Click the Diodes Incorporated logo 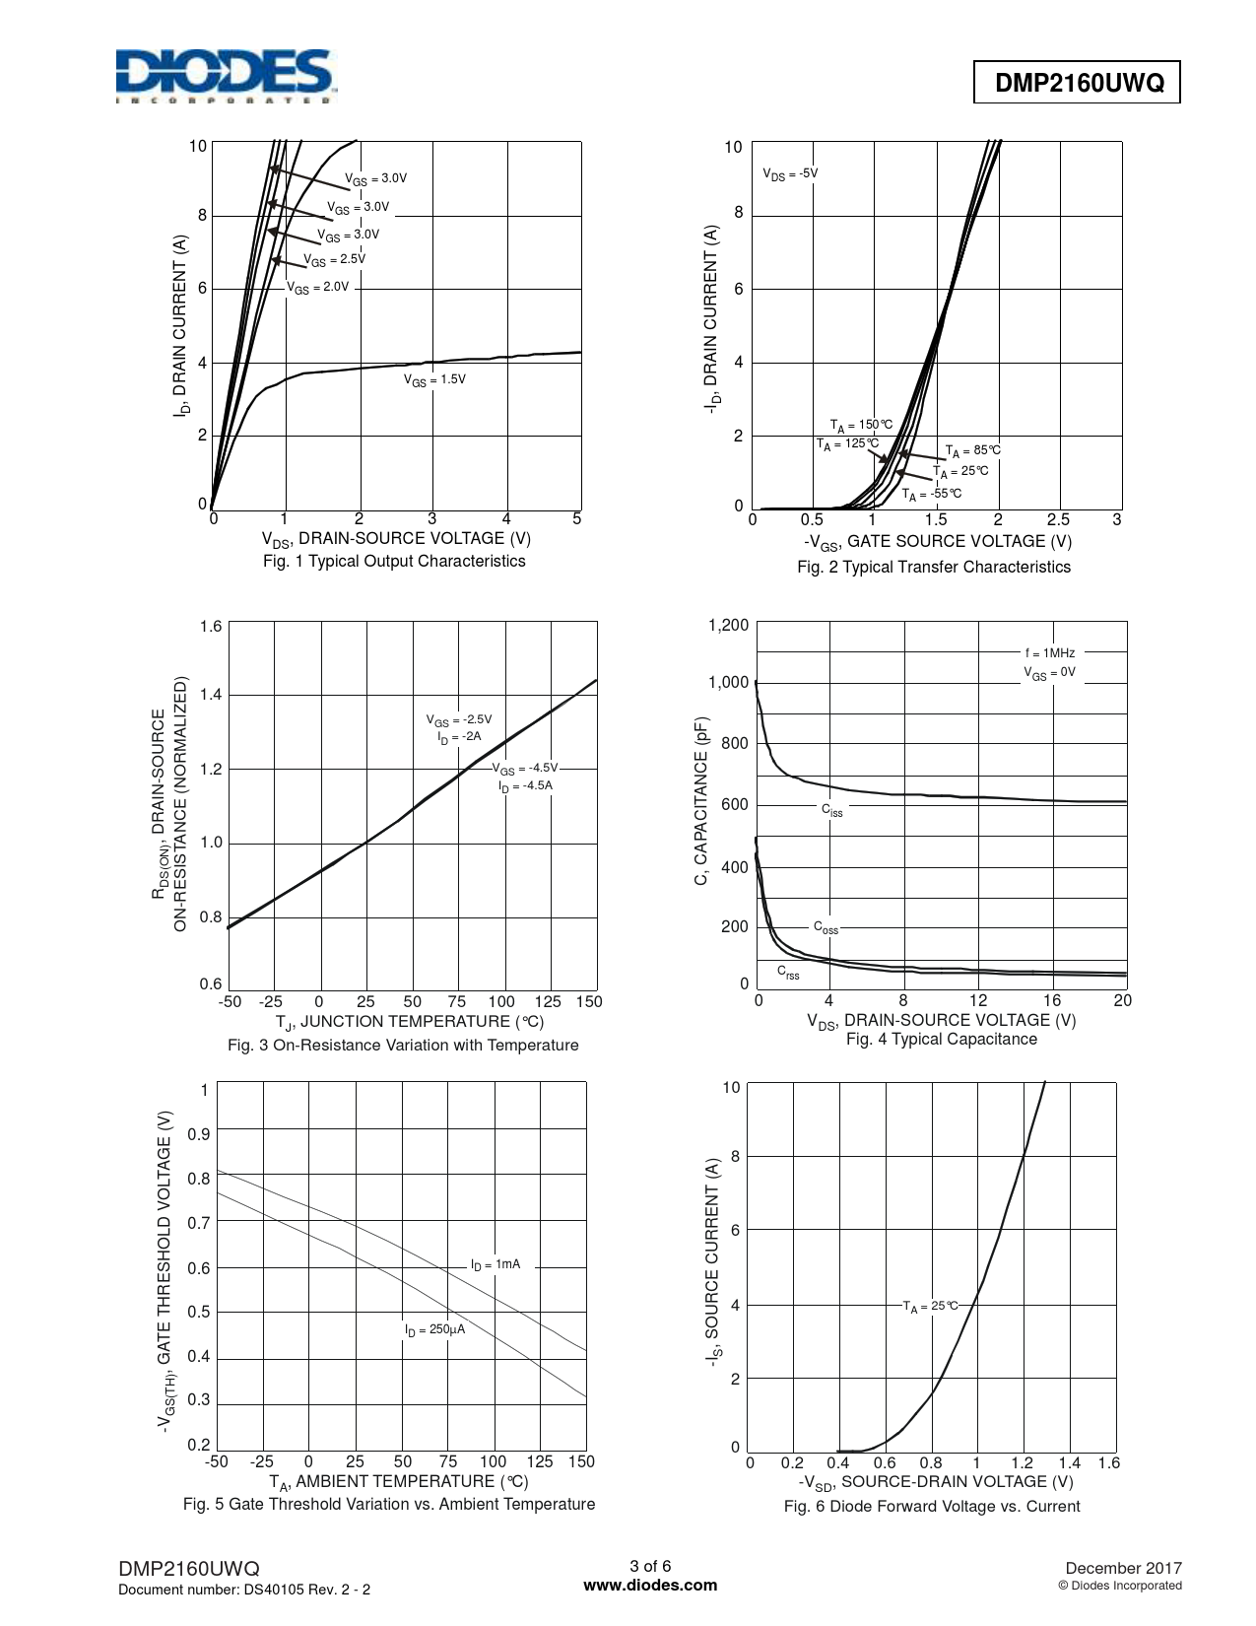coord(224,76)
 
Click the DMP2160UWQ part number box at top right coord(1078,85)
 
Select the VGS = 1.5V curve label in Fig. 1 coord(434,379)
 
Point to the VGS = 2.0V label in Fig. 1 coord(317,288)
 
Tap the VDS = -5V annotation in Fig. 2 coord(790,173)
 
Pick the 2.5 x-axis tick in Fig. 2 coord(1057,519)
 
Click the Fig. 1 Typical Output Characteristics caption coord(394,561)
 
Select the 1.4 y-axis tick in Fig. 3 coord(211,695)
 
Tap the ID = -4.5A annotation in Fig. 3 coord(525,785)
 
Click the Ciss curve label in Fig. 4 coord(832,810)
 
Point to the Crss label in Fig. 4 coord(788,973)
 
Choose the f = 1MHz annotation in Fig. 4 coord(1050,652)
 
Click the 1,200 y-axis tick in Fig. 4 coord(728,625)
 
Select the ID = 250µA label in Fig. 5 coord(434,1329)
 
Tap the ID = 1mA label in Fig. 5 coord(495,1263)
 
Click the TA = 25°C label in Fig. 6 coord(930,1306)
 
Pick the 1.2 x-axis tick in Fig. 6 coord(1022,1463)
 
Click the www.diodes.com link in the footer coord(650,1586)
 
